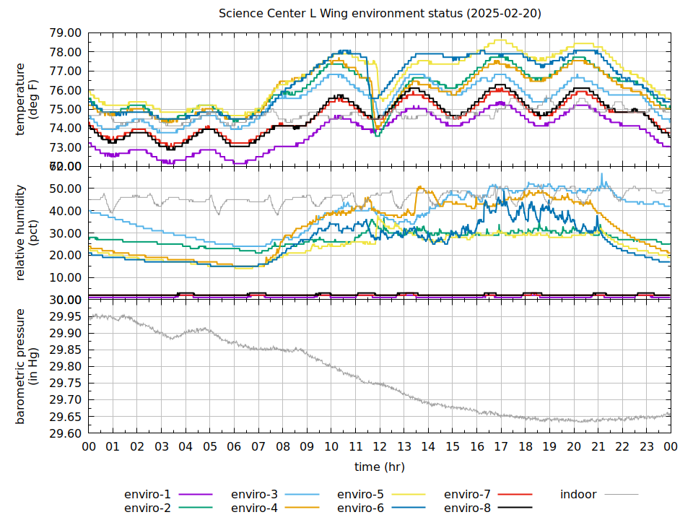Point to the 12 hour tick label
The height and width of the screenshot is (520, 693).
[x=380, y=447]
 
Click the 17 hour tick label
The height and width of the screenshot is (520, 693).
[x=501, y=447]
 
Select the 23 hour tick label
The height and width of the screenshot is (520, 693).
[x=647, y=447]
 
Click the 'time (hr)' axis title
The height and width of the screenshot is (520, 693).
[x=380, y=467]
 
